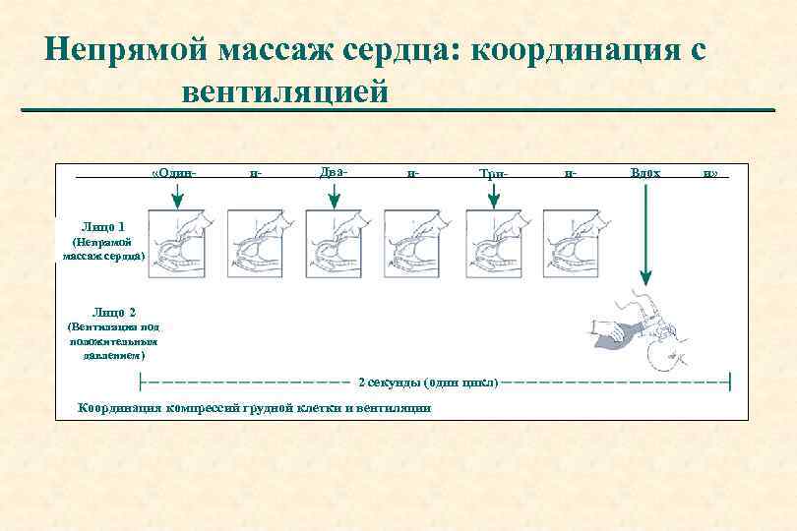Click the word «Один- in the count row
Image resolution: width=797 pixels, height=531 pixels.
tap(175, 173)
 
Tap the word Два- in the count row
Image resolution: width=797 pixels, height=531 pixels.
tap(334, 172)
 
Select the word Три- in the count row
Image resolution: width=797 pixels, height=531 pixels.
tap(493, 173)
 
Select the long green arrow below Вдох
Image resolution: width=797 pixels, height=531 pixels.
tap(644, 236)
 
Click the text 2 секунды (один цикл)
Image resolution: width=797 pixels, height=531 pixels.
tap(428, 381)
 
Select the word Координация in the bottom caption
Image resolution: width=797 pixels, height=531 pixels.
tap(119, 408)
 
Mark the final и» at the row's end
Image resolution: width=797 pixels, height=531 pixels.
tap(709, 173)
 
